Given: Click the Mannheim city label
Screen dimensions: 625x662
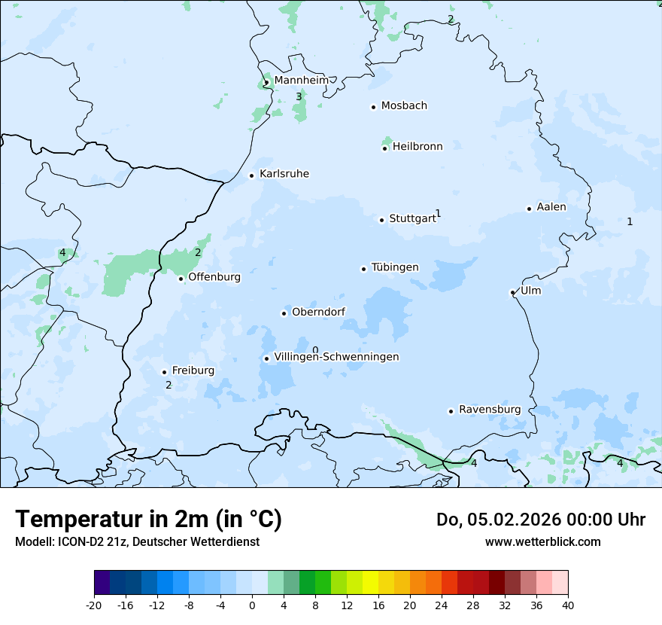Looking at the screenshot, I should point(301,80).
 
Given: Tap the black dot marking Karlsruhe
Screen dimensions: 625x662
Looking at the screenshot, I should point(252,175).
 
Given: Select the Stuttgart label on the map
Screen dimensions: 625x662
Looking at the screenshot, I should point(411,219).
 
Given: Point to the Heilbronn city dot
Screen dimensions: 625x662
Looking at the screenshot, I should point(384,148).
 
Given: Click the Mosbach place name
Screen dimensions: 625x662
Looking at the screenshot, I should point(404,106).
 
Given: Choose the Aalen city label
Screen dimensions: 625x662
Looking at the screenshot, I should point(551,207).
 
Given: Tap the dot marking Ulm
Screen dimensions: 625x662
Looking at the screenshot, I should point(513,292).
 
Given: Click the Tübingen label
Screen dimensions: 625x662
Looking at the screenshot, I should point(395,267).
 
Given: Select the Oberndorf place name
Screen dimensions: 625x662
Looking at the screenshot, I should point(317,312).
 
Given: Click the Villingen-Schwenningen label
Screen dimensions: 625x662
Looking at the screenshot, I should point(336,357).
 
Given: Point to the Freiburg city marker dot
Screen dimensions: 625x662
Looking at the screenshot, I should point(164,372).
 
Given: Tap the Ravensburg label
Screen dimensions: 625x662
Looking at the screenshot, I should point(490,410).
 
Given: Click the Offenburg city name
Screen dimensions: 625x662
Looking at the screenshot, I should point(214,277).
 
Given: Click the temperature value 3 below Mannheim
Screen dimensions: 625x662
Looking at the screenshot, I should point(299,97).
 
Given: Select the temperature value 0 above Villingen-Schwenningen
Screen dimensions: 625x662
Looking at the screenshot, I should point(315,350).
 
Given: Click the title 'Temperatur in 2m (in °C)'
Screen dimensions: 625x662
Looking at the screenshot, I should point(149,520).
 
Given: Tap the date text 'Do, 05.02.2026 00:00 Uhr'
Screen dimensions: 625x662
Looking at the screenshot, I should point(540,520).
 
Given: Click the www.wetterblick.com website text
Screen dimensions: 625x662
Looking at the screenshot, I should point(542,541).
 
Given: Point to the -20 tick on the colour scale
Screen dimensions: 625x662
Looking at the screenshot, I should point(94,605).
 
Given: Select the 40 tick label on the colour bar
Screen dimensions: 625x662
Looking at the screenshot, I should point(568,605).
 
